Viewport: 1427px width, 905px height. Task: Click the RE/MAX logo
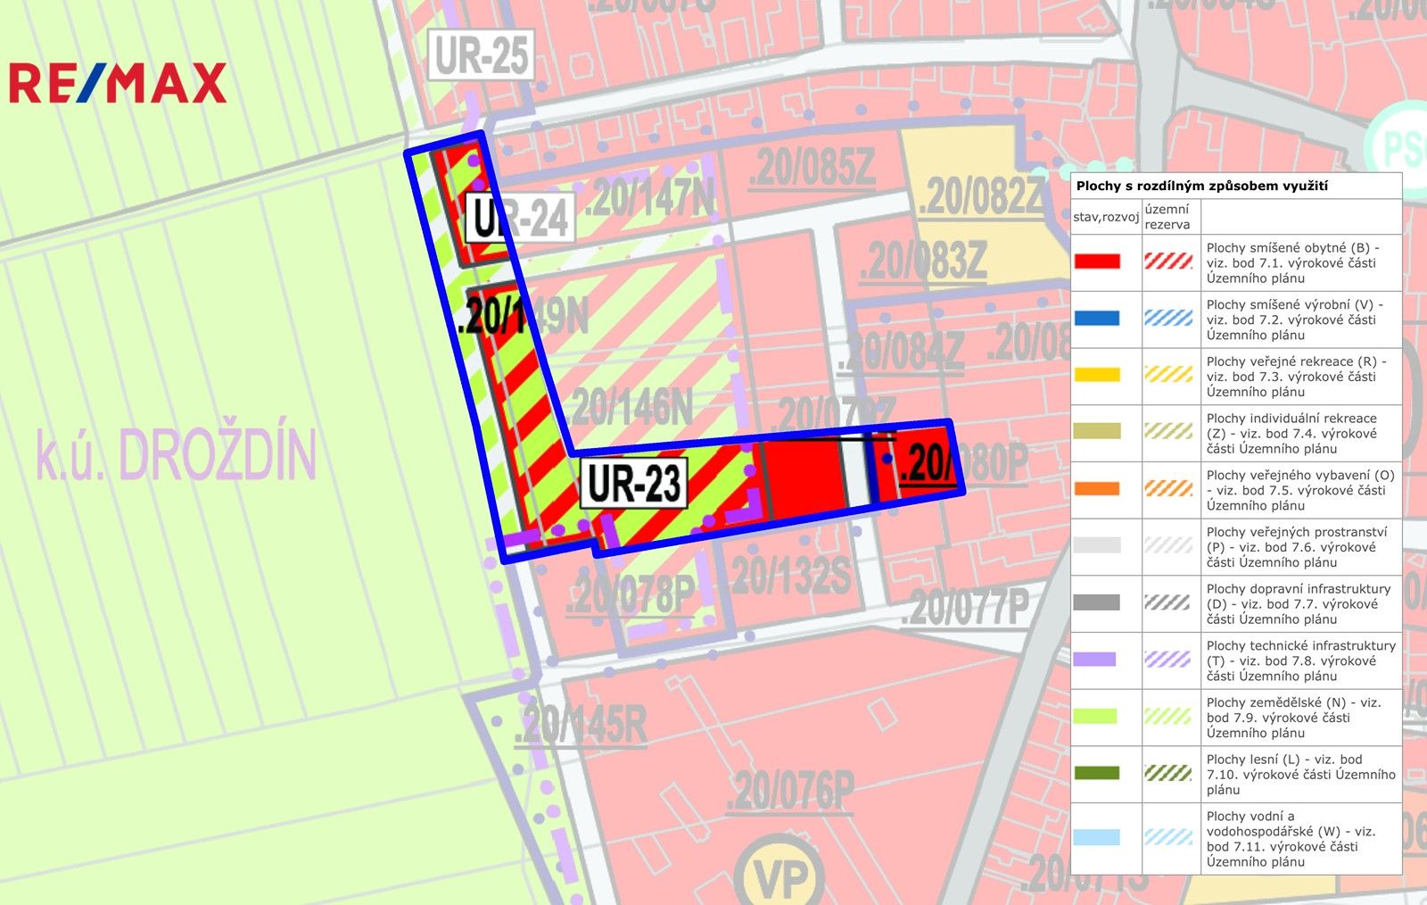pos(118,83)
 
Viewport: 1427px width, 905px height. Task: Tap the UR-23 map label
pos(634,483)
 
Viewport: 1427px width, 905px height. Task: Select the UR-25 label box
pos(482,55)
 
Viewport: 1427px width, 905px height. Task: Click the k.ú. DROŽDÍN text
pos(176,454)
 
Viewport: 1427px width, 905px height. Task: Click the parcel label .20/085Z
pos(812,168)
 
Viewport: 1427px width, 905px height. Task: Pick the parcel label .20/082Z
pos(981,196)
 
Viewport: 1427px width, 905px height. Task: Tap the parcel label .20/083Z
pos(923,262)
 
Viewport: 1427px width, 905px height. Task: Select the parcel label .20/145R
pos(581,724)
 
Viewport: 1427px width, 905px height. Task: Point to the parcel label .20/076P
pos(790,791)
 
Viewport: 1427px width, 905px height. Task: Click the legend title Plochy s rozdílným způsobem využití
pos(1201,186)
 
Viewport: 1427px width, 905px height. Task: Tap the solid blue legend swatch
pos(1097,319)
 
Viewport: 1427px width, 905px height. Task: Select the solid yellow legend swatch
pos(1097,375)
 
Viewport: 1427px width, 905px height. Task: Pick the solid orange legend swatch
pos(1097,488)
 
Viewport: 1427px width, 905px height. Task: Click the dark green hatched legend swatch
pos(1168,773)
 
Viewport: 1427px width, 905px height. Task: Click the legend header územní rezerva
pos(1167,217)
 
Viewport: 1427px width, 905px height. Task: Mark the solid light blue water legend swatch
pos(1097,837)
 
